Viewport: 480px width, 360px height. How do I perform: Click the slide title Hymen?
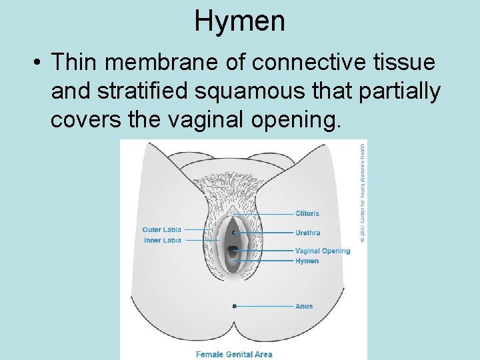pyautogui.click(x=239, y=21)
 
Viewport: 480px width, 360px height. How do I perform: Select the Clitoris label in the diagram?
pyautogui.click(x=307, y=213)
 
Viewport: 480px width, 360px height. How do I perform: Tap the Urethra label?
pyautogui.click(x=308, y=233)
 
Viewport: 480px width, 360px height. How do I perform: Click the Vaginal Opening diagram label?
pyautogui.click(x=323, y=251)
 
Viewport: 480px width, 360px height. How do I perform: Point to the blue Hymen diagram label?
pyautogui.click(x=307, y=261)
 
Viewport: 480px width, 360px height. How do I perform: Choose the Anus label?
pyautogui.click(x=304, y=306)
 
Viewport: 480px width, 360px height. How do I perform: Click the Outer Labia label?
pyautogui.click(x=161, y=230)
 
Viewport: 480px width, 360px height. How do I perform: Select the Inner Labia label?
pyautogui.click(x=163, y=240)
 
